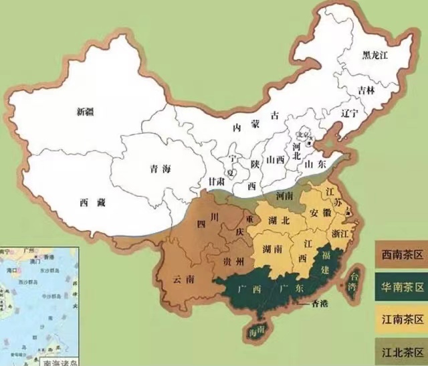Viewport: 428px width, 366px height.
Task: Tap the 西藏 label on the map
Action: pos(93,201)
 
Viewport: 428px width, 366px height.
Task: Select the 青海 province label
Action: pos(161,169)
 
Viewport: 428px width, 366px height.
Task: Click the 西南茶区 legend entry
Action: pos(400,254)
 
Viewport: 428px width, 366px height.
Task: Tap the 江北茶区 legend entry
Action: pos(400,352)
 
